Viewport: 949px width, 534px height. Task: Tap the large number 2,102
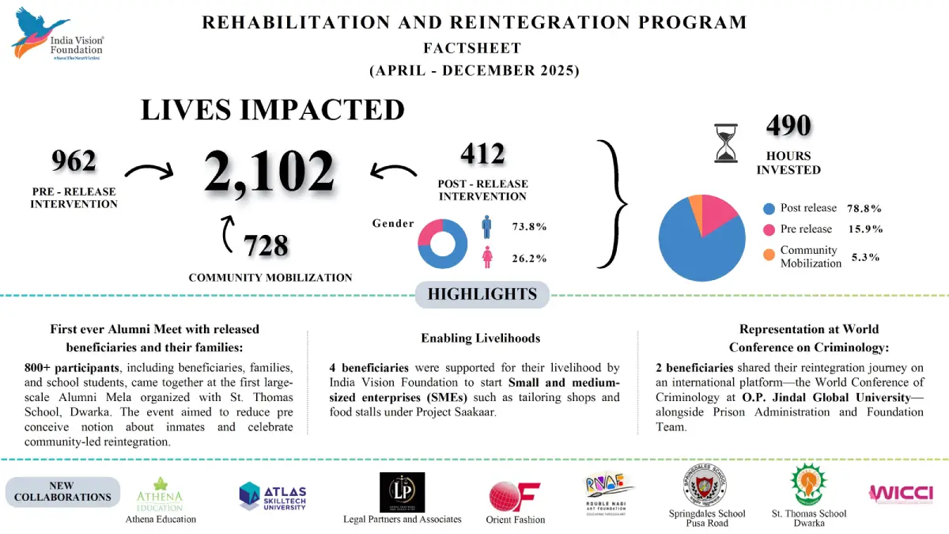[269, 172]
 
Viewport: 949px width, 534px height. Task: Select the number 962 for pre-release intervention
[74, 161]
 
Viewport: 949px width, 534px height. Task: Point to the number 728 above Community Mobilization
[266, 246]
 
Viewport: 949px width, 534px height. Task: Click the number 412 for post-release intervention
[482, 153]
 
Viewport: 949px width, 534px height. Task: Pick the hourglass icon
[725, 143]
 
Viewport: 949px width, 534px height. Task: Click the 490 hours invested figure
[788, 126]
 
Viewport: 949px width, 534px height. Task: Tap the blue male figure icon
[487, 227]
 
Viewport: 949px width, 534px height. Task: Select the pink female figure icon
[487, 258]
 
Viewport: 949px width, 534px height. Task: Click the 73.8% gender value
[530, 227]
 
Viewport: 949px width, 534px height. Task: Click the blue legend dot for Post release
[769, 209]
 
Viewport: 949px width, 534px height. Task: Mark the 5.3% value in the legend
[865, 257]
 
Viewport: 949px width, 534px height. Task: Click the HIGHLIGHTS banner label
[482, 295]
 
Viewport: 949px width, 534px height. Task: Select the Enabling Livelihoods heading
[480, 338]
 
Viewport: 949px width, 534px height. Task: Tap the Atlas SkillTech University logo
[272, 496]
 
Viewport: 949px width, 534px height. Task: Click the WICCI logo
[901, 493]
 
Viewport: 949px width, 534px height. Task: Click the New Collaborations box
[63, 491]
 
